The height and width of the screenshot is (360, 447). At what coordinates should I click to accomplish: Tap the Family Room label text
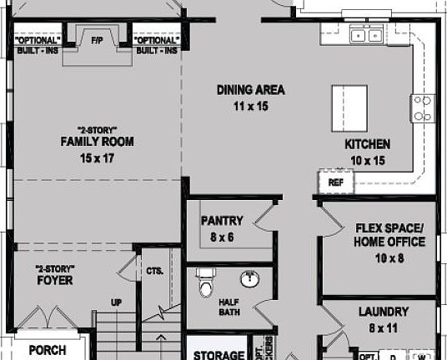(97, 142)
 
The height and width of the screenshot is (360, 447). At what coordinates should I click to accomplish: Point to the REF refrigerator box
(336, 182)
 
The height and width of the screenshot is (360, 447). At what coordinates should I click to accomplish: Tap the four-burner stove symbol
(422, 108)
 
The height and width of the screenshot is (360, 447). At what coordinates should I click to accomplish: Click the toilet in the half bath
(205, 283)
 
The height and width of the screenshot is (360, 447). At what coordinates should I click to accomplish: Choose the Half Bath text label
(229, 308)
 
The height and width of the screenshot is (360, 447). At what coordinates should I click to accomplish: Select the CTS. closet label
(153, 271)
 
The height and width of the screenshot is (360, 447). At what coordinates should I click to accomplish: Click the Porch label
(47, 350)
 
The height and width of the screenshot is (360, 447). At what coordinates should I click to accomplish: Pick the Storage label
(218, 354)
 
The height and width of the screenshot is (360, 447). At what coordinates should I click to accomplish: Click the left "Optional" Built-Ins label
(38, 45)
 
